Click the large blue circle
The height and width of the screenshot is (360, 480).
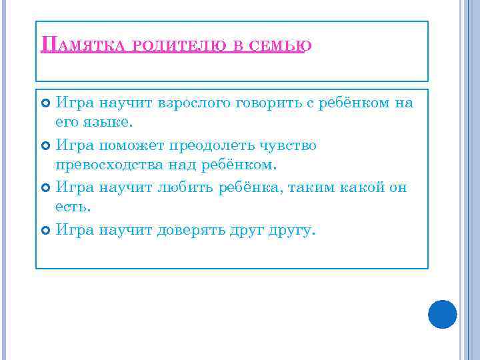tap(442, 314)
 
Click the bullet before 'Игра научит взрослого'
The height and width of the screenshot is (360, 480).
tap(45, 103)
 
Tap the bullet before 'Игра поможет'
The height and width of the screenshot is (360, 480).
tap(45, 145)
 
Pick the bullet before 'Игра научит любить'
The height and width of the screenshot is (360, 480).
tap(45, 188)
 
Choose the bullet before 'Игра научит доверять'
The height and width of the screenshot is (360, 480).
tap(45, 231)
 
